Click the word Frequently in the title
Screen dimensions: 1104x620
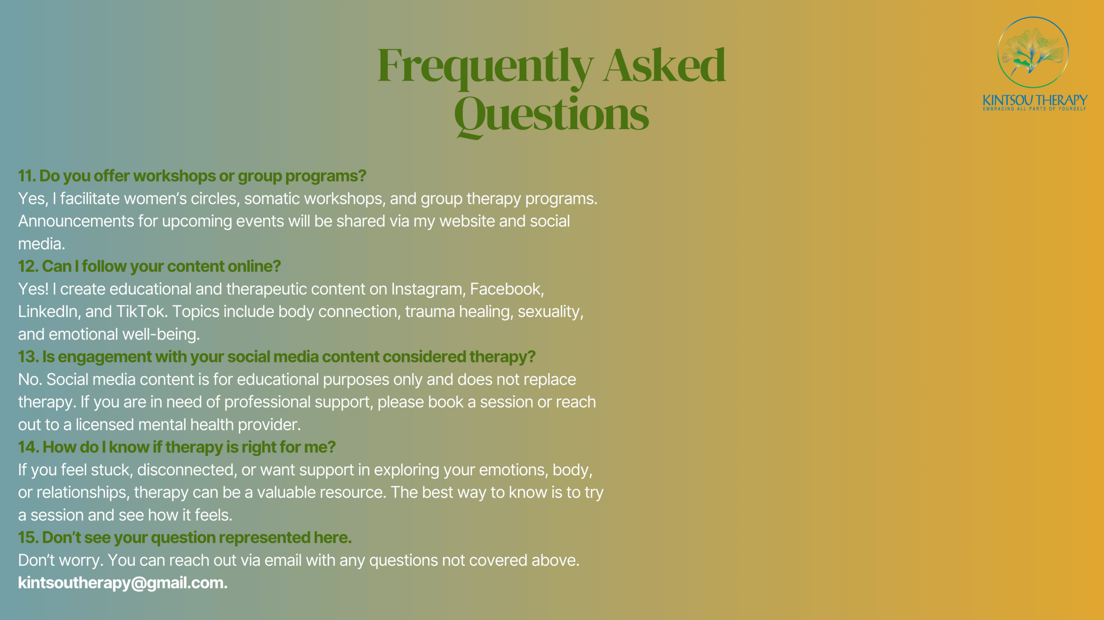tap(486, 67)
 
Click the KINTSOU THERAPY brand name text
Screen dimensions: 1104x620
tap(1035, 100)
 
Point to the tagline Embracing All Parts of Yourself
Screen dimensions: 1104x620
tap(1035, 109)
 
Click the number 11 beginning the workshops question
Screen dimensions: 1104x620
tap(27, 176)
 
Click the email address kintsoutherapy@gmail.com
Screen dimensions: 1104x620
tap(122, 583)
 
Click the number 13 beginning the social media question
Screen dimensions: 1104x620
tap(28, 357)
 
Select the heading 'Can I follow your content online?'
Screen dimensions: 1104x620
tap(149, 267)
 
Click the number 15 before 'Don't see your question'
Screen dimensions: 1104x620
tap(28, 538)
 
